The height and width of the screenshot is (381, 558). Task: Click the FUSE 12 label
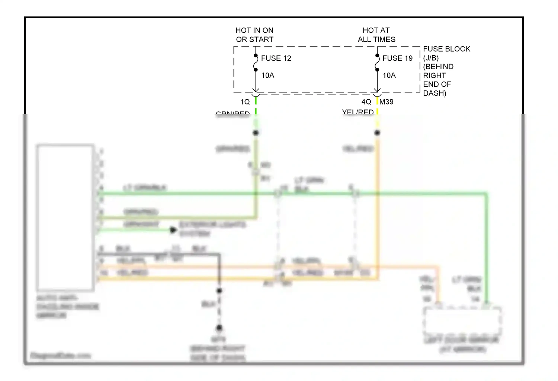point(276,58)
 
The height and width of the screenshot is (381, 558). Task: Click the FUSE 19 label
point(397,58)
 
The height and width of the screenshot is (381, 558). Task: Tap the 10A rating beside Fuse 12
point(267,76)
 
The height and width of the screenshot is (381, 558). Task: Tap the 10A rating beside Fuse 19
point(389,76)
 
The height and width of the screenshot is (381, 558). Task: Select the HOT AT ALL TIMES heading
point(376,35)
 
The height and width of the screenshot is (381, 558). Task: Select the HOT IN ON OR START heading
point(254,35)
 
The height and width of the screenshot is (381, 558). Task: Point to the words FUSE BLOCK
point(446,49)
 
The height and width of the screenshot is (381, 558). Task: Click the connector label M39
point(387,102)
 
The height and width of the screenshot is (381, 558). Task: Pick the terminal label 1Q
point(245,102)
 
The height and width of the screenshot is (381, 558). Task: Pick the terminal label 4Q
point(366,102)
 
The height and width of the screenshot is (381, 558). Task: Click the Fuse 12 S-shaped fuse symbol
point(256,63)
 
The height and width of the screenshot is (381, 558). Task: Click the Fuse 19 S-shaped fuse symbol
point(377,63)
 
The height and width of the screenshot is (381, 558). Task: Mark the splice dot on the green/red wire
point(256,133)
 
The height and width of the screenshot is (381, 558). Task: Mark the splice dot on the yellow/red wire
point(377,133)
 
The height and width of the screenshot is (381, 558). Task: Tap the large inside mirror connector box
point(65,217)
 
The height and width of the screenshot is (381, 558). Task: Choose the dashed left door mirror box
point(462,321)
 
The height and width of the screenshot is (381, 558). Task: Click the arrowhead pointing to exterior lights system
point(173,230)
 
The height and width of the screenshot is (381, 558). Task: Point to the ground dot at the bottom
point(219,328)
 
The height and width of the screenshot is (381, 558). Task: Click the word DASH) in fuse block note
point(434,93)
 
